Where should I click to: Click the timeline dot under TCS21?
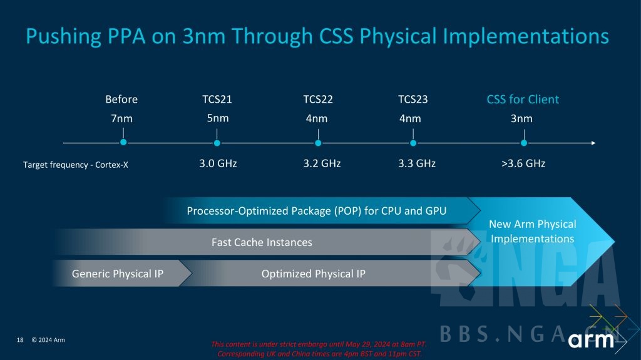click(x=217, y=143)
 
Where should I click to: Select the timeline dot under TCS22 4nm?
click(x=318, y=143)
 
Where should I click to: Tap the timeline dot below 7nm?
click(x=123, y=142)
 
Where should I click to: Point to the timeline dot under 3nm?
click(x=524, y=143)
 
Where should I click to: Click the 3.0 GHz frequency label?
click(x=218, y=163)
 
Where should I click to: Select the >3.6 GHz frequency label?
click(x=523, y=163)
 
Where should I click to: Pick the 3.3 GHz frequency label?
click(x=417, y=163)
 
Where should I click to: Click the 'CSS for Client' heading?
click(x=523, y=100)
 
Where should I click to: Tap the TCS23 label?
click(x=413, y=100)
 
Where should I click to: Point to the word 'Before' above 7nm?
click(x=121, y=100)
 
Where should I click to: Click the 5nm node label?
click(x=217, y=118)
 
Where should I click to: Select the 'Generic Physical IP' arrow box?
click(x=122, y=273)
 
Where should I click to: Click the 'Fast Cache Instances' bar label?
click(x=262, y=242)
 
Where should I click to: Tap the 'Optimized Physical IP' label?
click(x=314, y=274)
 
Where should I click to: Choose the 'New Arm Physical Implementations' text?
click(x=532, y=232)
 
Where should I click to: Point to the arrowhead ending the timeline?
click(x=593, y=143)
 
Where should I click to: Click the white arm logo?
click(x=591, y=340)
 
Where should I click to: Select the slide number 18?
click(x=20, y=340)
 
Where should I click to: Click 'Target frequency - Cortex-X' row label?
click(x=76, y=165)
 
